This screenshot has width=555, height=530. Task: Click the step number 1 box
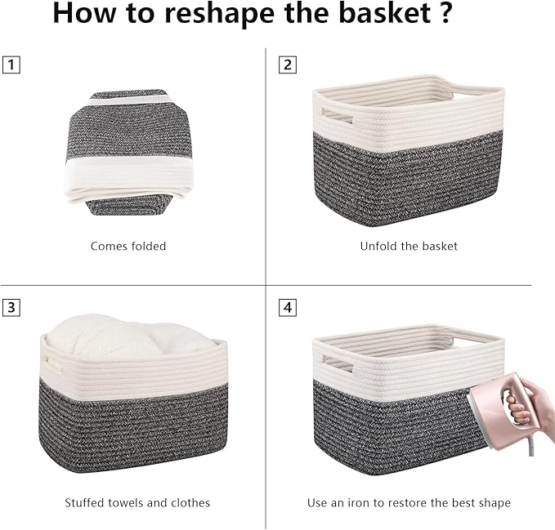tap(11, 65)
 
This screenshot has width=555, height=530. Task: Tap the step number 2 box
tap(287, 65)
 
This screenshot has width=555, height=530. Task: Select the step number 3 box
tap(11, 308)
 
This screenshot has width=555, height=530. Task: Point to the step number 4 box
tap(287, 308)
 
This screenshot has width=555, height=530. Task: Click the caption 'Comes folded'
tap(128, 246)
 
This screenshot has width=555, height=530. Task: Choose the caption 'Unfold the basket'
tap(409, 246)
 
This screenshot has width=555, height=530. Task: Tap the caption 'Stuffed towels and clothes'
tap(137, 503)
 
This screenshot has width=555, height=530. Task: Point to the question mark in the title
tap(445, 15)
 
